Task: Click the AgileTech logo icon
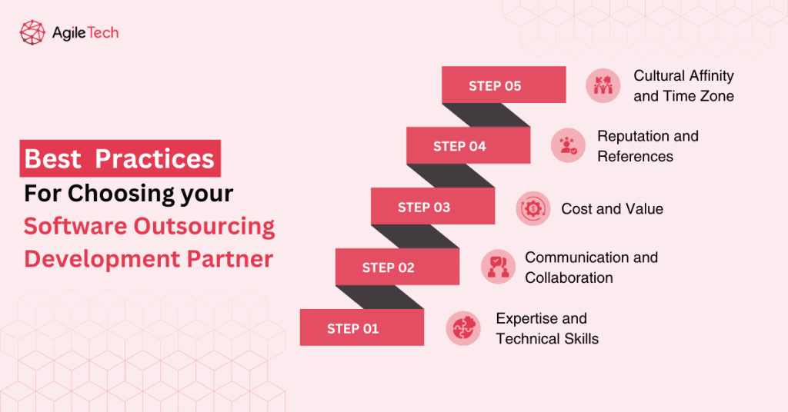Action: tap(32, 33)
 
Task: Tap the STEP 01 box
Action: tap(362, 327)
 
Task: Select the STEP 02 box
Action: tap(397, 267)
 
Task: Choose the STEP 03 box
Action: tap(432, 207)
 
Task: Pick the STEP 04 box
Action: tap(468, 145)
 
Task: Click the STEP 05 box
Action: tap(503, 85)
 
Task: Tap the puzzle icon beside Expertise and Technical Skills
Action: tap(463, 327)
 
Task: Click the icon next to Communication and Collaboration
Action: tap(499, 267)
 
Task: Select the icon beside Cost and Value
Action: tap(533, 208)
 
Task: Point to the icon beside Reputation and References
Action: tap(569, 145)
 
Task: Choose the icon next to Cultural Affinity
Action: tap(603, 85)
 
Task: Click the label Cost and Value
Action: tap(612, 208)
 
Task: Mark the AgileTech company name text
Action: tap(85, 33)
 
